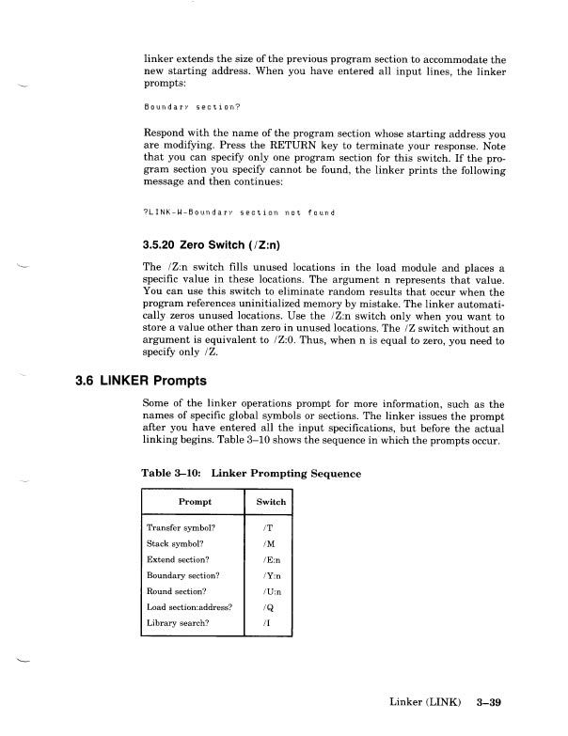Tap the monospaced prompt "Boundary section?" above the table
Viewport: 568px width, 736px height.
click(x=179, y=106)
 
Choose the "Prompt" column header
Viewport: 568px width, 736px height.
click(x=192, y=502)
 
